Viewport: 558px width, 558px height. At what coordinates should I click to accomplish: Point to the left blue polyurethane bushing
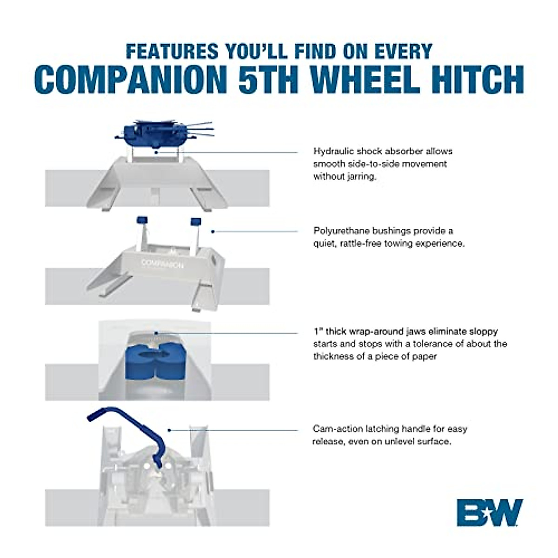[140, 220]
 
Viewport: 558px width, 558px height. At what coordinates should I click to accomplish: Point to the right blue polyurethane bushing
[196, 220]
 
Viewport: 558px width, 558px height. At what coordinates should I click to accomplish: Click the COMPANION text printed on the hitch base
[162, 264]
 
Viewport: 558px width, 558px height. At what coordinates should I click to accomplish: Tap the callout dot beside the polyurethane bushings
[213, 231]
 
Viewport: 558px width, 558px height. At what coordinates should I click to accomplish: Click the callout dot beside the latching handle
[170, 430]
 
